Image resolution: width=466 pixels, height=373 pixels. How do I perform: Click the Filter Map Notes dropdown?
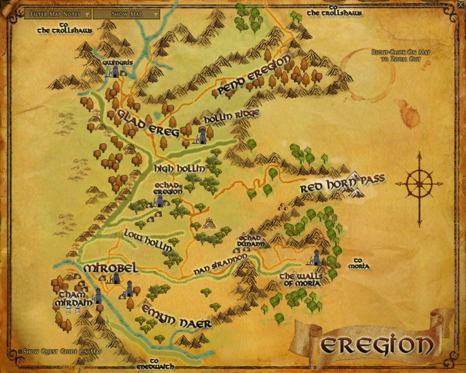(x=57, y=14)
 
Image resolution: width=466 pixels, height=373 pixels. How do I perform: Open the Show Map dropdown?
(x=126, y=14)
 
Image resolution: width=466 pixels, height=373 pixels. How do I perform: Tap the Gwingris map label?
(x=112, y=63)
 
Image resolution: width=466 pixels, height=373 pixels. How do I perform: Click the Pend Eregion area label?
(x=254, y=75)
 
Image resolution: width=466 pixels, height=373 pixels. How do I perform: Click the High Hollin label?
(x=179, y=169)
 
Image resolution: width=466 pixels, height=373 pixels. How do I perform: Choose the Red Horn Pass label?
(x=342, y=183)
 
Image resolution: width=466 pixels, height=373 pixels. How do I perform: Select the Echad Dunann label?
(x=252, y=241)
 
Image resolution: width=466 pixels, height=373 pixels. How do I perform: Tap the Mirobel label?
(x=111, y=268)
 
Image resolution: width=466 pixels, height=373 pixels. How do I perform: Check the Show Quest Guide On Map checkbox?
(x=20, y=352)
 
